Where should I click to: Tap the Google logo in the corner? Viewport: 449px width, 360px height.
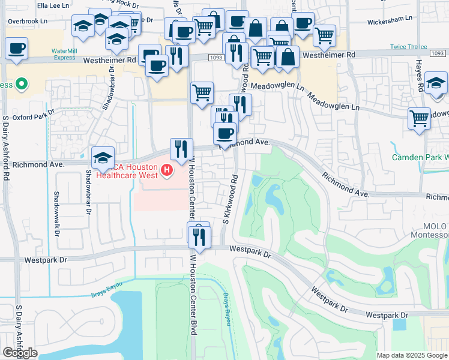tap(20, 353)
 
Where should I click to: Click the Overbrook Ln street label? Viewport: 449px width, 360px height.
tap(28, 21)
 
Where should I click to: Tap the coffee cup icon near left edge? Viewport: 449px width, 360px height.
tap(17, 49)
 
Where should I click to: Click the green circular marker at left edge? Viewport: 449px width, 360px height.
tap(22, 85)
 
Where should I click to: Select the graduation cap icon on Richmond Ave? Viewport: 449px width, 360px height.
tap(103, 158)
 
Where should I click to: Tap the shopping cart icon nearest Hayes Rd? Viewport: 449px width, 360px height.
tap(419, 117)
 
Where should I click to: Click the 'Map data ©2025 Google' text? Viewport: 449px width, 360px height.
tap(412, 355)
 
